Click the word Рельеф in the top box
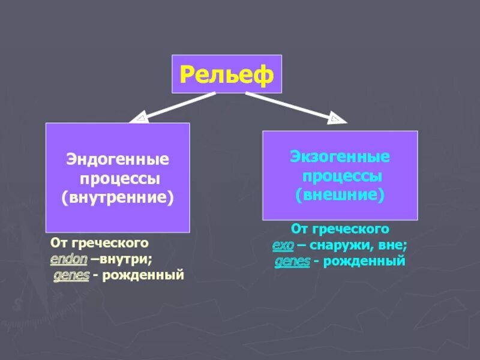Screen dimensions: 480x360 pyautogui.click(x=226, y=74)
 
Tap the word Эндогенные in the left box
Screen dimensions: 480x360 pyautogui.click(x=118, y=160)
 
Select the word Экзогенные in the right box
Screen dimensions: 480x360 pyautogui.click(x=340, y=157)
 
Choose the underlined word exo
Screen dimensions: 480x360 pyautogui.click(x=282, y=245)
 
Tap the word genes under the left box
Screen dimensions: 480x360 pyautogui.click(x=71, y=275)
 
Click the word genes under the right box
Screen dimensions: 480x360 pyautogui.click(x=293, y=261)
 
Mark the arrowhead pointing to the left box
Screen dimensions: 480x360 pyautogui.click(x=139, y=118)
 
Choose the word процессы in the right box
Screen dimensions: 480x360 pyautogui.click(x=343, y=176)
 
